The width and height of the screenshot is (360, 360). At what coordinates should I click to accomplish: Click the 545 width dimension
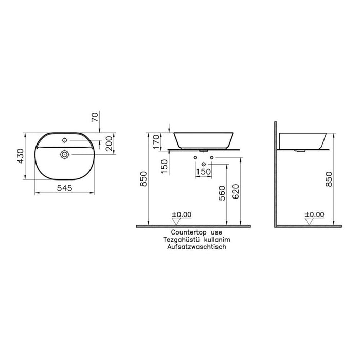click(x=65, y=189)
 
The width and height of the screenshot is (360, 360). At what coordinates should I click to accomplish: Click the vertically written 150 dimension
click(x=164, y=166)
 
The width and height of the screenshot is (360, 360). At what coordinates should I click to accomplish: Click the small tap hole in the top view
click(x=64, y=139)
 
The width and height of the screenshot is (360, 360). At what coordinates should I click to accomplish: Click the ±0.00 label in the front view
click(x=182, y=214)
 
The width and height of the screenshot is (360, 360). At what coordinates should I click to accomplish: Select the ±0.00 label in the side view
click(x=314, y=214)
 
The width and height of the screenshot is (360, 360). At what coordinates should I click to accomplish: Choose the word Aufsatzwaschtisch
click(x=196, y=247)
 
